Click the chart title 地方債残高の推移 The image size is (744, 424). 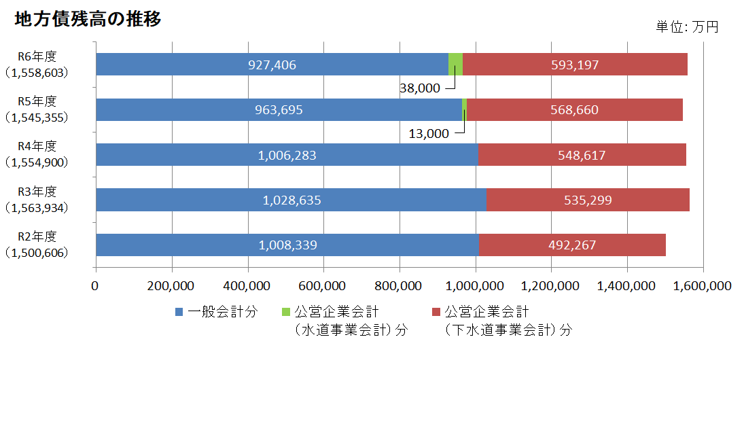(88, 20)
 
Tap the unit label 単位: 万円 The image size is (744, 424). (687, 27)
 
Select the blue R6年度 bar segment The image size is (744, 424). (272, 65)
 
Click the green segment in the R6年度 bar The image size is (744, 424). (455, 65)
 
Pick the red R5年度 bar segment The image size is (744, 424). (574, 109)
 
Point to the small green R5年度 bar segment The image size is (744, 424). (464, 109)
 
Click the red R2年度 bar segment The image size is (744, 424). (572, 245)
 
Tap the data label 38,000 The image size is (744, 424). (420, 88)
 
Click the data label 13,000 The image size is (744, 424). (429, 133)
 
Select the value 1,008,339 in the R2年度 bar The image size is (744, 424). (287, 245)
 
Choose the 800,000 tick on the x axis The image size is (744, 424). (400, 285)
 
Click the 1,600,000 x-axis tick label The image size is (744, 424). (703, 285)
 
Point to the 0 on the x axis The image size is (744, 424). (96, 285)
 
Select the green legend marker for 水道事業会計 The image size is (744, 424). (285, 312)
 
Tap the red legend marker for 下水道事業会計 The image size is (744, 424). (436, 312)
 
